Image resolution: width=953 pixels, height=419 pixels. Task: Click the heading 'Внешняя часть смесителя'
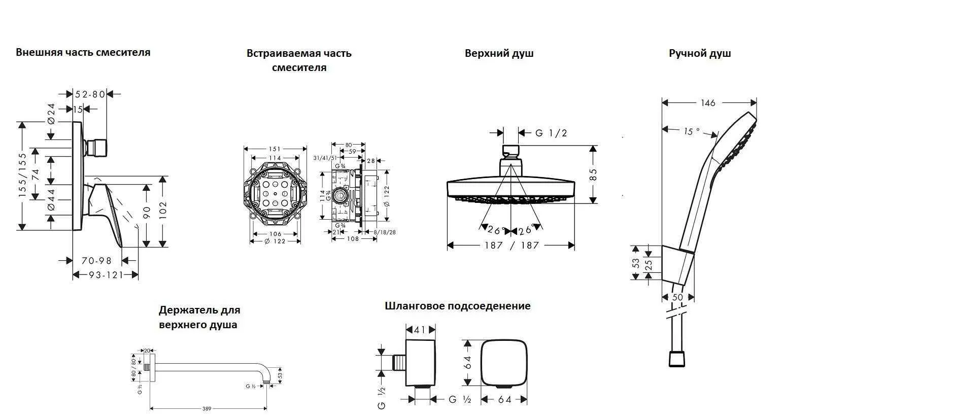(x=83, y=52)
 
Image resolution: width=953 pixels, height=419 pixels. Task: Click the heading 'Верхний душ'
(x=499, y=53)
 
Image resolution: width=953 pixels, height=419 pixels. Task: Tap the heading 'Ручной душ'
(x=699, y=53)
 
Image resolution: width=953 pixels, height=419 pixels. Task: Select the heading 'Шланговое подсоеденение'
(x=457, y=306)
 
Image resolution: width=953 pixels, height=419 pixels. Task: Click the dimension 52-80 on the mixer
(x=90, y=94)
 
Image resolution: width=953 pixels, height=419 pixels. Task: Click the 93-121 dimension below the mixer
(x=106, y=275)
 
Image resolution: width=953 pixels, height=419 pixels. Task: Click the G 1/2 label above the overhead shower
(x=551, y=133)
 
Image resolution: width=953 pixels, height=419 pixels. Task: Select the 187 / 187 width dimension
(x=510, y=246)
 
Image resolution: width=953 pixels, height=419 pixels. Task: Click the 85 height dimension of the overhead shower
(x=593, y=174)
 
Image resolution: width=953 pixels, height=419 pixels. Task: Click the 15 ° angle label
(x=691, y=131)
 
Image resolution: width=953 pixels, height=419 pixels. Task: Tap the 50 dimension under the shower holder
(x=677, y=297)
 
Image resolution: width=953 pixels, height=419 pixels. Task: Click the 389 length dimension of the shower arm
(x=207, y=408)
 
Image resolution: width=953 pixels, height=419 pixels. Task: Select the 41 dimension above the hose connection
(x=420, y=330)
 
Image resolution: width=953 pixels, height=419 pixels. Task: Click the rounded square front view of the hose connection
(x=504, y=363)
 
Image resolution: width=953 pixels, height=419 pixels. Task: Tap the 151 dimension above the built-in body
(x=275, y=149)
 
